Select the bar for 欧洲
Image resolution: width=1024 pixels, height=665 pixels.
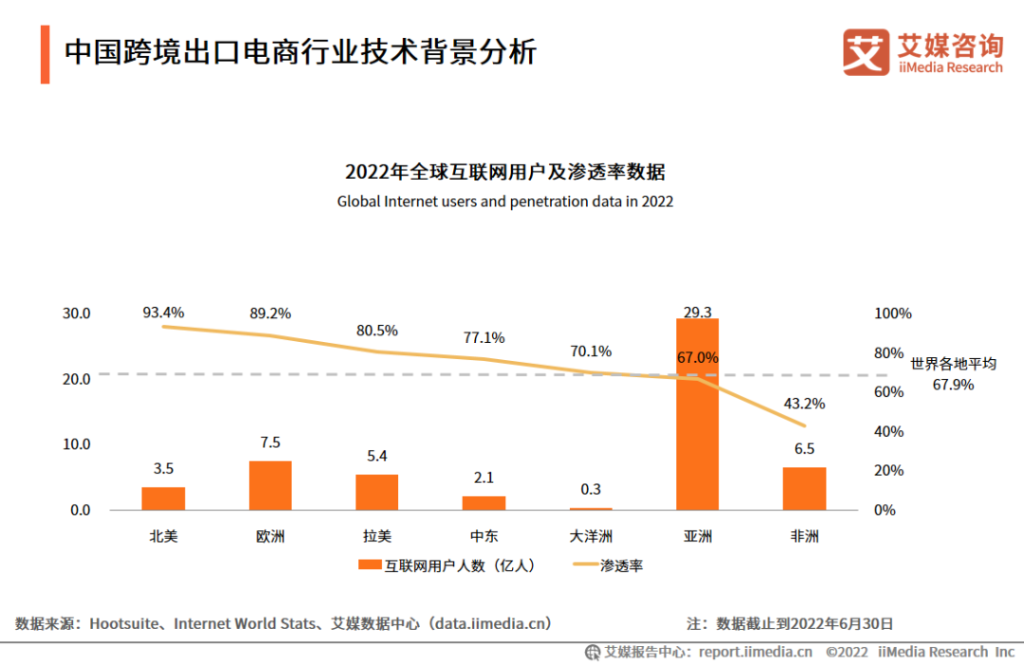pos(270,486)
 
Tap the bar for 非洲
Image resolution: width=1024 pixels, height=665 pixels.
pos(804,489)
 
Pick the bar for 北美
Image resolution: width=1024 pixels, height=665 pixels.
pos(163,498)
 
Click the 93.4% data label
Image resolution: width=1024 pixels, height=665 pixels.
pos(163,312)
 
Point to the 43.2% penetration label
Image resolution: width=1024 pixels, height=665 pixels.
pos(804,404)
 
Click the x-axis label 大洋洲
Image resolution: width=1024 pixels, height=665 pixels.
pos(591,536)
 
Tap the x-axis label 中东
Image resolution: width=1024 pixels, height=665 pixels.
pos(484,536)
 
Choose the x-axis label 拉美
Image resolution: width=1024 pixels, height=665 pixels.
pos(377,536)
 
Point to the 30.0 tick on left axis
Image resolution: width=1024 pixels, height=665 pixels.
pos(75,314)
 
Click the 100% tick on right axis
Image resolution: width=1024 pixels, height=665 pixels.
pos(892,314)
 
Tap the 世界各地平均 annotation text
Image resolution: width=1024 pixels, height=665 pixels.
pos(954,364)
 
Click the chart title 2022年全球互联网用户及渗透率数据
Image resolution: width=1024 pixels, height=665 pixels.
pos(504,172)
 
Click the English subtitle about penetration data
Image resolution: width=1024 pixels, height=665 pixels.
pos(504,202)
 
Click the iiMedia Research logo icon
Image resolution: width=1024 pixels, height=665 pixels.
pos(866,51)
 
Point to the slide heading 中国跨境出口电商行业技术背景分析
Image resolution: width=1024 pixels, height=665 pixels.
pos(301,51)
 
